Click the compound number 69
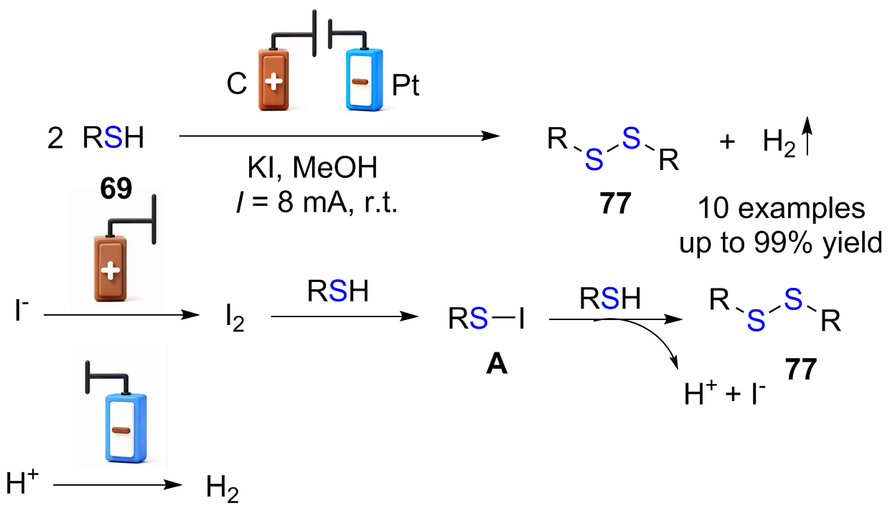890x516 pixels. point(116,188)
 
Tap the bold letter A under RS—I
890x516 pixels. point(497,365)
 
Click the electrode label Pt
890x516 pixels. point(406,85)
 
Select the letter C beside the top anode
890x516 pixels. point(237,84)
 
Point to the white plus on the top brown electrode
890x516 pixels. point(273,82)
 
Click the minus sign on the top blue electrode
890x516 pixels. point(360,82)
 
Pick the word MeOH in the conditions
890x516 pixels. point(335,168)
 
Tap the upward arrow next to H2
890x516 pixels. point(807,136)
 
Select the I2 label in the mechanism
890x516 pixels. point(235,319)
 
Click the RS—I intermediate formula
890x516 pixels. point(487,319)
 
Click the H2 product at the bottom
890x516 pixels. point(222,489)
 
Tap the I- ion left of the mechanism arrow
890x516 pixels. point(22,310)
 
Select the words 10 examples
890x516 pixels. point(781,208)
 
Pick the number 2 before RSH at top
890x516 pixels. point(55,139)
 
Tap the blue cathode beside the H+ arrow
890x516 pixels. point(126,428)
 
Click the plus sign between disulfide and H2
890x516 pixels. point(727,141)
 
